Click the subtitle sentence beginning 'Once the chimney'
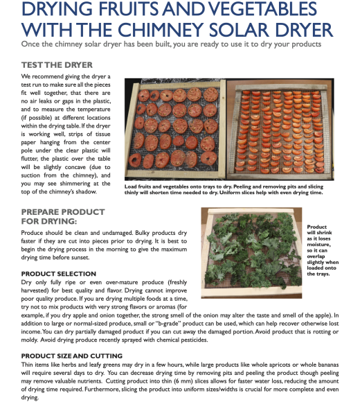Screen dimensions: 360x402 [x=171, y=44]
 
